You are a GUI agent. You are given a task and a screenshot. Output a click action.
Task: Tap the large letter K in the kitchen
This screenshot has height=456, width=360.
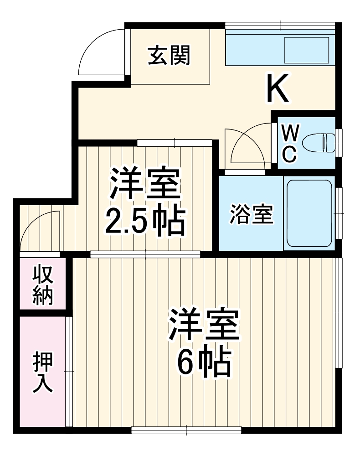click(x=277, y=88)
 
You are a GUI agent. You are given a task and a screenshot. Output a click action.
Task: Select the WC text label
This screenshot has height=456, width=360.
click(x=290, y=144)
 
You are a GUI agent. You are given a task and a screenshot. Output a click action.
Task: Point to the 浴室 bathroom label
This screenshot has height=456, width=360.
click(x=251, y=214)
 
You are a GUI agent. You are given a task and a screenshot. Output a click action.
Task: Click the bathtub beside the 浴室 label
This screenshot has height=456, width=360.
click(x=309, y=212)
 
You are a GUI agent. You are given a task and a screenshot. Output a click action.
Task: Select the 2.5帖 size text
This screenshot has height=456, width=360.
click(x=145, y=222)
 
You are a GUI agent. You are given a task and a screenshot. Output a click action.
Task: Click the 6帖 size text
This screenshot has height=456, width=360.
click(x=204, y=362)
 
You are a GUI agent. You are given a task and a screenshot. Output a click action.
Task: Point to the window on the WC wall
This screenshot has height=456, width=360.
click(x=338, y=143)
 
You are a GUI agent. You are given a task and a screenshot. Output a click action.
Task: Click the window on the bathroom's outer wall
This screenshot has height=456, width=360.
click(x=338, y=213)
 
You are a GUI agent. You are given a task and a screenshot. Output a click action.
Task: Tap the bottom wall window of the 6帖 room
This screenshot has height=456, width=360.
click(x=186, y=429)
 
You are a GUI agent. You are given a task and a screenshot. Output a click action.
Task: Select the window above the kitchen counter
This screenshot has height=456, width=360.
click(x=280, y=26)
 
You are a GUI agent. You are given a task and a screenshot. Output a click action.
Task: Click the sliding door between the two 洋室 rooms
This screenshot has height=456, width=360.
click(x=145, y=254)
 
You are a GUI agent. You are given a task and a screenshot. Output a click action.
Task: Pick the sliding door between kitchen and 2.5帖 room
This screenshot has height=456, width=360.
click(x=175, y=143)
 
